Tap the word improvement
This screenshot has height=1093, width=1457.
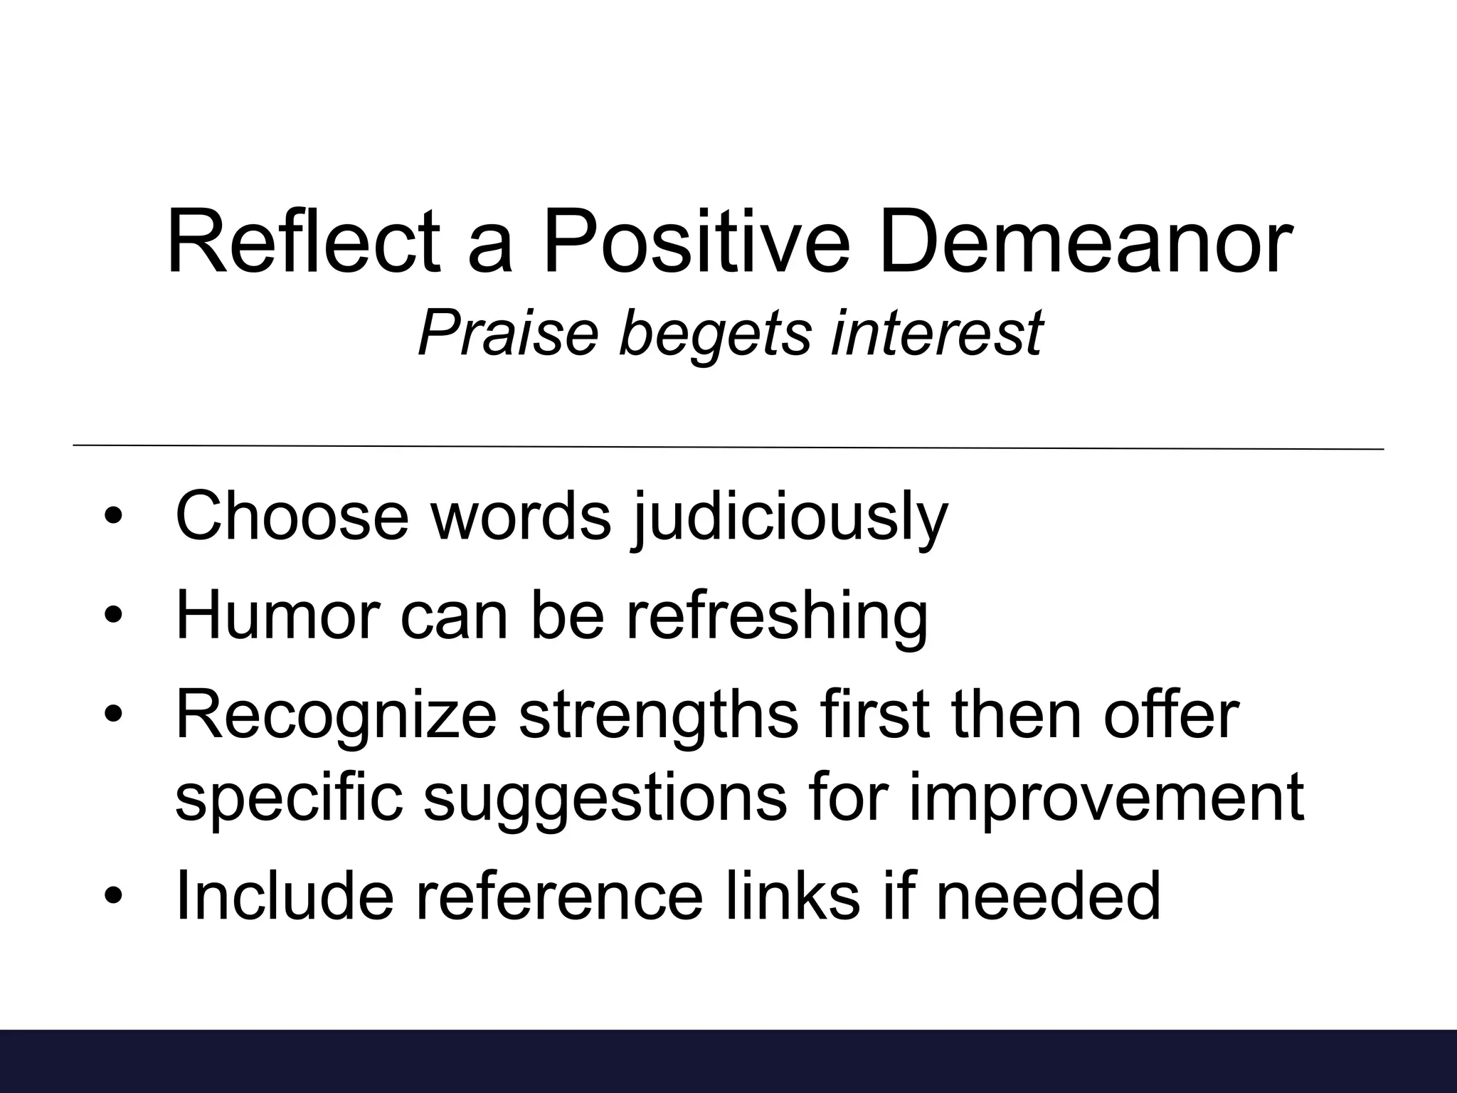1106,797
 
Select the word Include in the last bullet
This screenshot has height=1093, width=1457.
284,894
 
